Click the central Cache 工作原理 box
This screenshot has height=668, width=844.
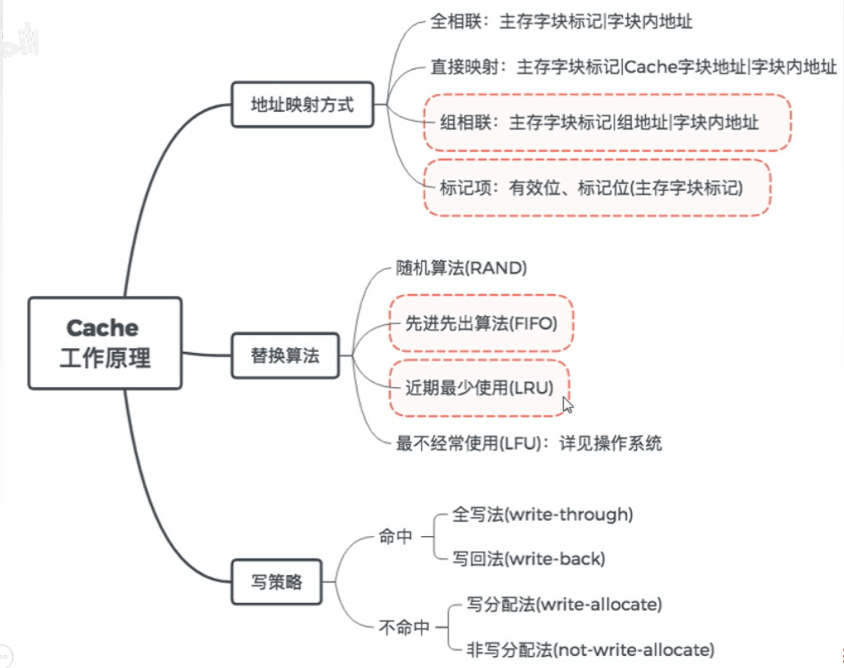click(104, 342)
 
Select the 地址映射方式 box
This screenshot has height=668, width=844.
click(302, 104)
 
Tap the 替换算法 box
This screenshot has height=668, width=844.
click(284, 355)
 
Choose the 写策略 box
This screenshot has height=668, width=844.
click(276, 581)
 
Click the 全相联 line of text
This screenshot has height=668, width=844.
click(561, 22)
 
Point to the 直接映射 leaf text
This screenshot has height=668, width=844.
click(633, 68)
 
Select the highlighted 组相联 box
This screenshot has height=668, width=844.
click(607, 122)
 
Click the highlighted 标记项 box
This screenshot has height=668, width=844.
click(596, 188)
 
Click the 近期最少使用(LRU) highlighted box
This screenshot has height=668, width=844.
click(479, 387)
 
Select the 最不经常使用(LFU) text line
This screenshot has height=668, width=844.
click(529, 443)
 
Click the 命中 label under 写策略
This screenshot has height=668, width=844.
click(396, 537)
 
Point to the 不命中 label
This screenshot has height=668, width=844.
click(404, 627)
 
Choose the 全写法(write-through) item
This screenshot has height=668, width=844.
click(543, 515)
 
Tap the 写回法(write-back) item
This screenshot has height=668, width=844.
click(528, 558)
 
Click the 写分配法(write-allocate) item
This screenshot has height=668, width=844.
click(564, 603)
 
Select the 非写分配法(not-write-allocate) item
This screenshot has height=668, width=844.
click(590, 648)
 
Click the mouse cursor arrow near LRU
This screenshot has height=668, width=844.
click(568, 405)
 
